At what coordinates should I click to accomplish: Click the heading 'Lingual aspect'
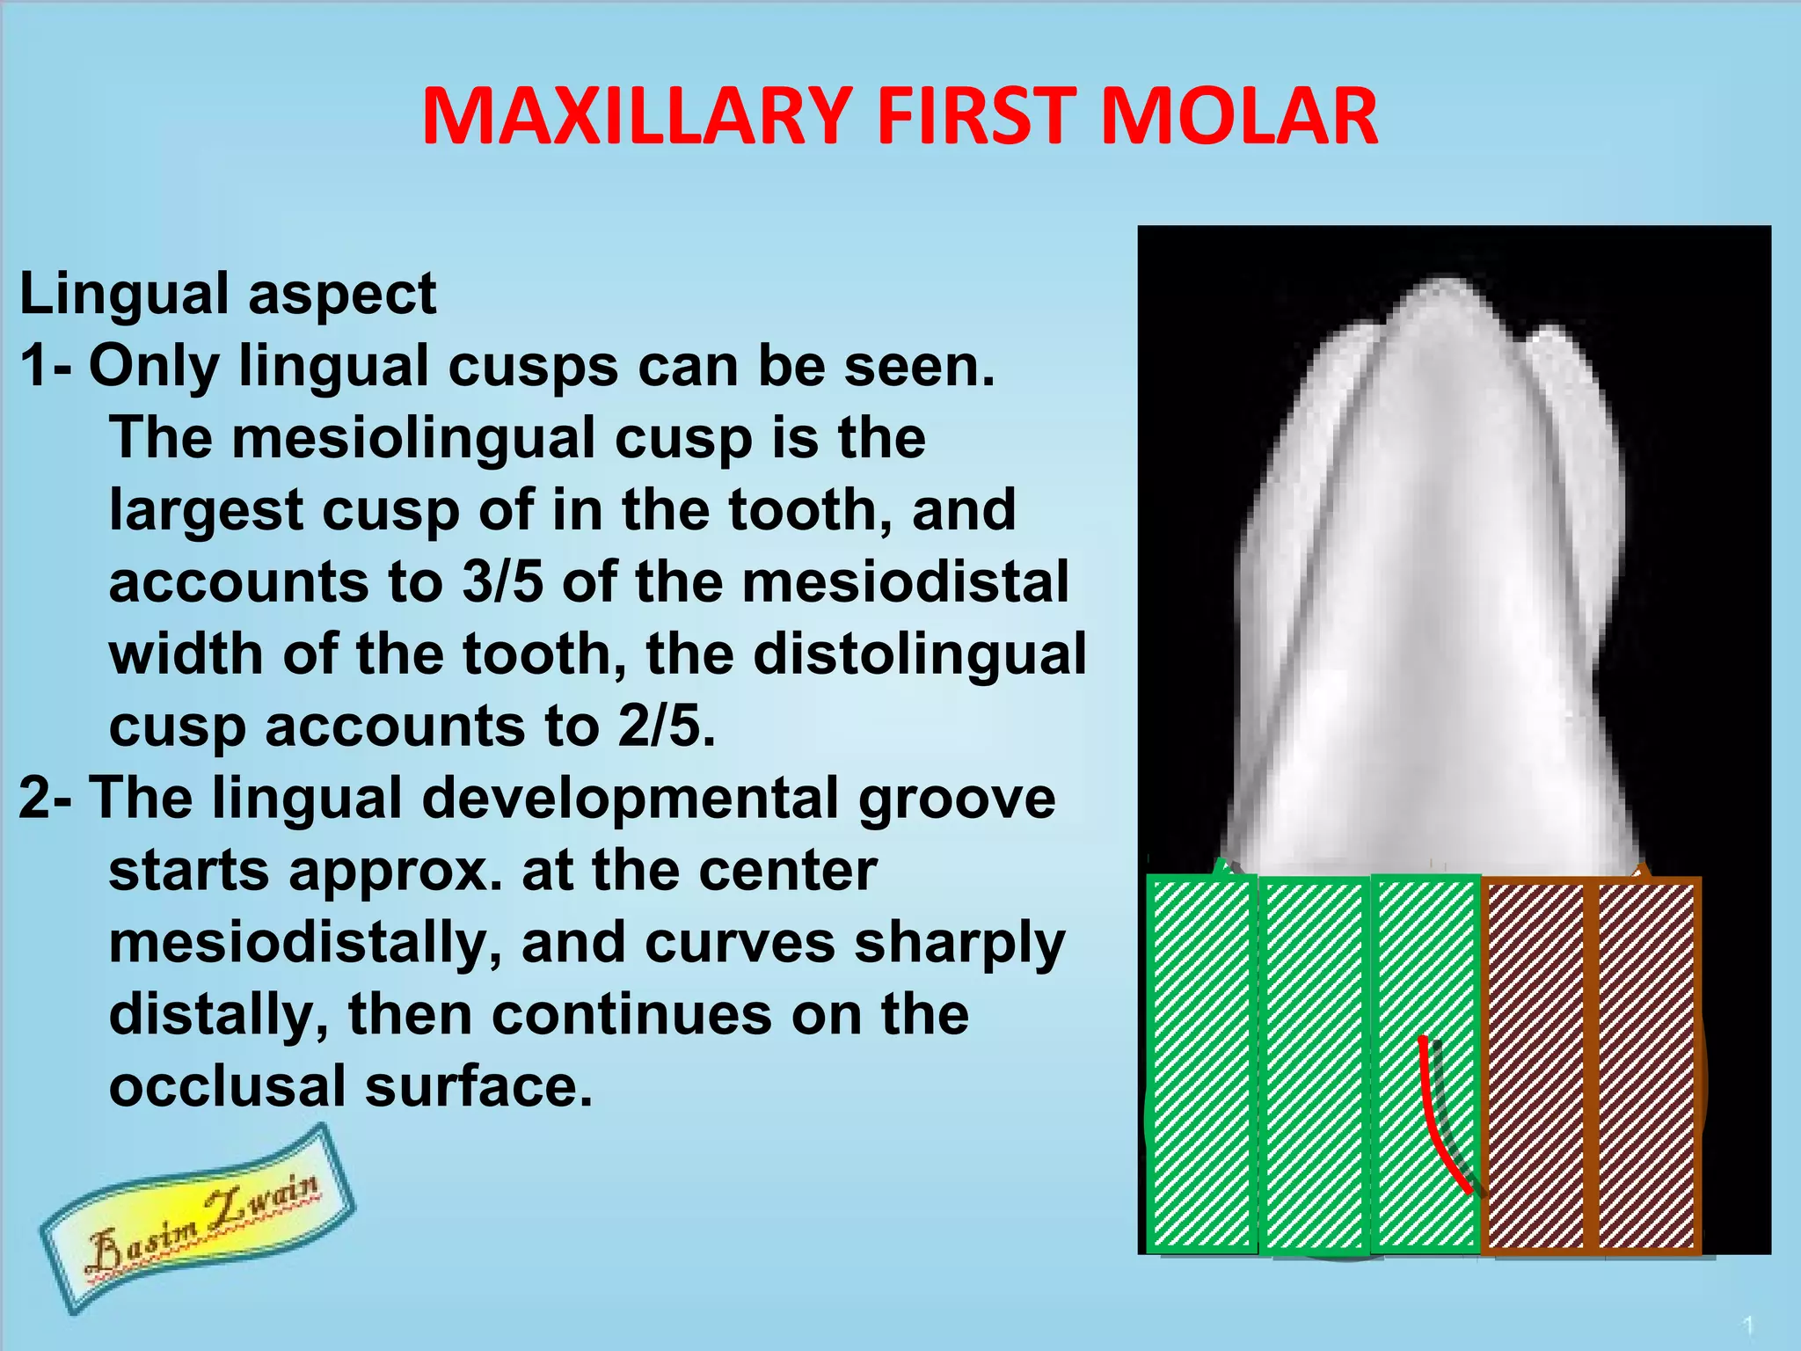pos(228,294)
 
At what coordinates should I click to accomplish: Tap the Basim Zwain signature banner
pos(198,1218)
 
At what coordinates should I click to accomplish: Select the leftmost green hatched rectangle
pos(1201,1064)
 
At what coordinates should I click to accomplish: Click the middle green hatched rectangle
pos(1315,1064)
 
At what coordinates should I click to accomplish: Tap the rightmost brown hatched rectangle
pos(1646,1064)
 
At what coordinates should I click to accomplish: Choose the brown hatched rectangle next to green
pos(1536,1064)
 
